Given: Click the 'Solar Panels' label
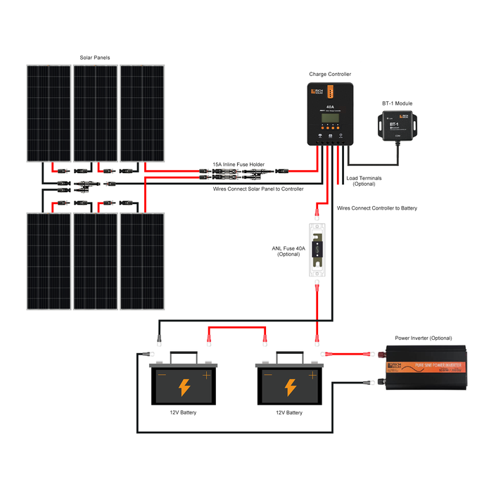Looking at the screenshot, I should pos(95,57).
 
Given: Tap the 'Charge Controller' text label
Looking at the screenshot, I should pos(330,74).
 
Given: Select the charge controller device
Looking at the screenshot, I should pos(329,113).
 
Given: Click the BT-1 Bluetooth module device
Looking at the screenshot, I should pos(397,127).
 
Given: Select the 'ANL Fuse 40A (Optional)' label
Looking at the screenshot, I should pos(288,251).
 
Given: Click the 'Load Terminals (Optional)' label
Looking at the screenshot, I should pos(364,181).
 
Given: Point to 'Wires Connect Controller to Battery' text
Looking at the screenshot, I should pos(376,208).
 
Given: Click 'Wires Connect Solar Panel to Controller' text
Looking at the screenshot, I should pos(258,189).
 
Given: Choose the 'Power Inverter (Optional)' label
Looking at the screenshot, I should pos(423,338).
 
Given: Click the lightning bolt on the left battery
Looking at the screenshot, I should pos(184,387).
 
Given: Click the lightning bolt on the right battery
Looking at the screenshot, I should pos(290,387).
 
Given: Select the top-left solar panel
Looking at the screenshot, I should pos(49,113).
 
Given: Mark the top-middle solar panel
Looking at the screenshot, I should pos(96,113).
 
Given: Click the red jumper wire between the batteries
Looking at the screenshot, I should pos(236,327).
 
